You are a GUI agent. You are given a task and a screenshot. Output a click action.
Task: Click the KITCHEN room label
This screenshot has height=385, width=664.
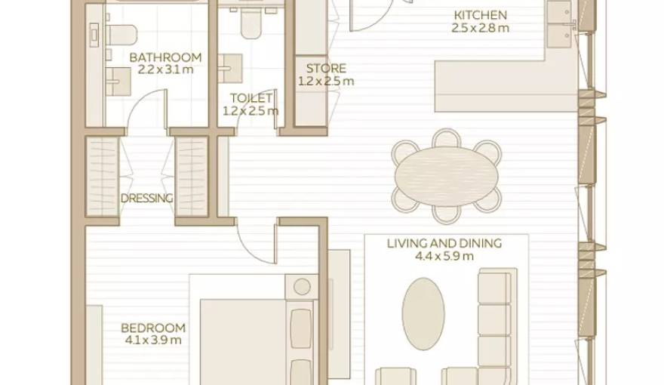tap(480, 15)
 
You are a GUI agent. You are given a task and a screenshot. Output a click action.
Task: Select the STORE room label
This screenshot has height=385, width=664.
tap(326, 69)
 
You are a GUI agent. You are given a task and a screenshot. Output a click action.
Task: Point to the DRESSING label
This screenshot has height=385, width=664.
tap(146, 199)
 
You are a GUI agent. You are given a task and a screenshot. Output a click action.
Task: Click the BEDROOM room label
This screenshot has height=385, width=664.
tap(153, 328)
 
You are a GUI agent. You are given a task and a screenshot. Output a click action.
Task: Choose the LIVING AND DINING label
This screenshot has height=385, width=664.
tap(444, 243)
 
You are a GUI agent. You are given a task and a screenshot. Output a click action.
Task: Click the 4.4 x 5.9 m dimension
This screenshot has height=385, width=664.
tap(444, 256)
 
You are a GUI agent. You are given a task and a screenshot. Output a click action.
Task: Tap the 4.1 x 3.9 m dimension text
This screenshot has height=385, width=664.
tap(153, 340)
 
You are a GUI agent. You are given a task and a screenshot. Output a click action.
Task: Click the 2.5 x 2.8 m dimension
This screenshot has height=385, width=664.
tap(480, 28)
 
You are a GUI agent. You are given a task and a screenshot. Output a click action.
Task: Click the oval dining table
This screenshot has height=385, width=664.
tap(446, 176)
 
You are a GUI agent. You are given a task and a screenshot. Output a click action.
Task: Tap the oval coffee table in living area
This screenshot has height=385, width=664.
tap(423, 313)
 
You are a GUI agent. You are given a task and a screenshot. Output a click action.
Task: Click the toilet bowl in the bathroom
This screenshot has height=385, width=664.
tap(121, 34)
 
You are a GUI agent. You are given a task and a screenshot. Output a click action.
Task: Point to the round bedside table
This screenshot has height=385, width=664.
tap(302, 287)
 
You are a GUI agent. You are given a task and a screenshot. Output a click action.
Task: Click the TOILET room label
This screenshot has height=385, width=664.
tap(247, 98)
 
